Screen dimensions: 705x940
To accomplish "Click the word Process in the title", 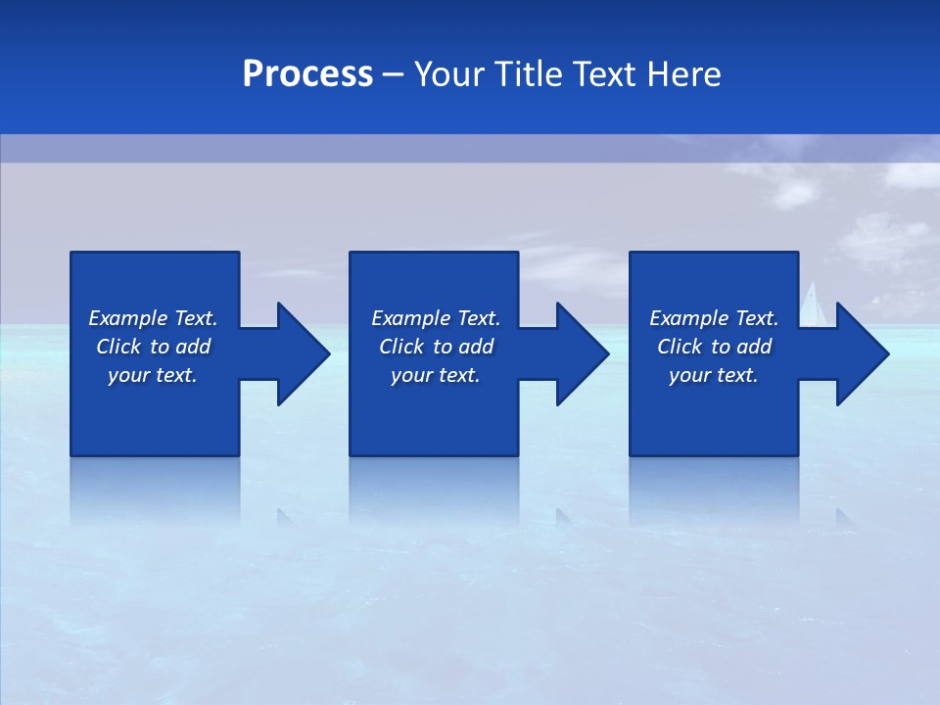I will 307,74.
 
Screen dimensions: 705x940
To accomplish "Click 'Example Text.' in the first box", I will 153,318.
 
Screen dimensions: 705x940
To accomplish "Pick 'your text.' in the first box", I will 153,375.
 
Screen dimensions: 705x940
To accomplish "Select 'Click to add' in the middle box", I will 436,347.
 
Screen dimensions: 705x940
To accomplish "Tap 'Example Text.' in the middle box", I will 436,318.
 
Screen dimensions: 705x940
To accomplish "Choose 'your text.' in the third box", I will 714,375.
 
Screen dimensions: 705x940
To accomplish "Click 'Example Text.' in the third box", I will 714,318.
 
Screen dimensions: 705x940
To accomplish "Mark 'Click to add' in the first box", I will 153,347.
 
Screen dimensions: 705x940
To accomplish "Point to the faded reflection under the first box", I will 155,490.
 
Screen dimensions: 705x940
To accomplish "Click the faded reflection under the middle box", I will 434,490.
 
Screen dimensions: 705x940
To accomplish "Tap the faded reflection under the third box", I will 714,490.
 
